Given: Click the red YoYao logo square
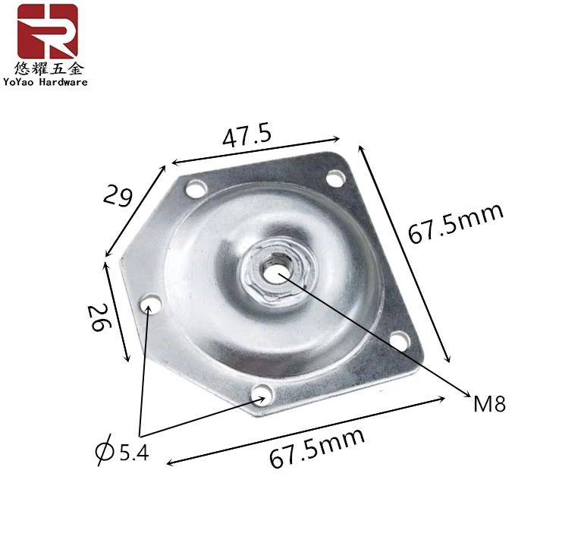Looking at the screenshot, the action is [47, 31].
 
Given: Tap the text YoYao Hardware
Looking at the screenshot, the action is [46, 82].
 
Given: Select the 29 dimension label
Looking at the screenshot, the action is [118, 196].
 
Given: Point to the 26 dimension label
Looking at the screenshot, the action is [99, 317].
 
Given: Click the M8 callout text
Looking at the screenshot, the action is [489, 404].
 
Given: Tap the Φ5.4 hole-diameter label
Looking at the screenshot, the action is [122, 450].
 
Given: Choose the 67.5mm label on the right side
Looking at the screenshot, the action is [456, 223].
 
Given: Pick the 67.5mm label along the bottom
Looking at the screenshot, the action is [317, 448].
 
